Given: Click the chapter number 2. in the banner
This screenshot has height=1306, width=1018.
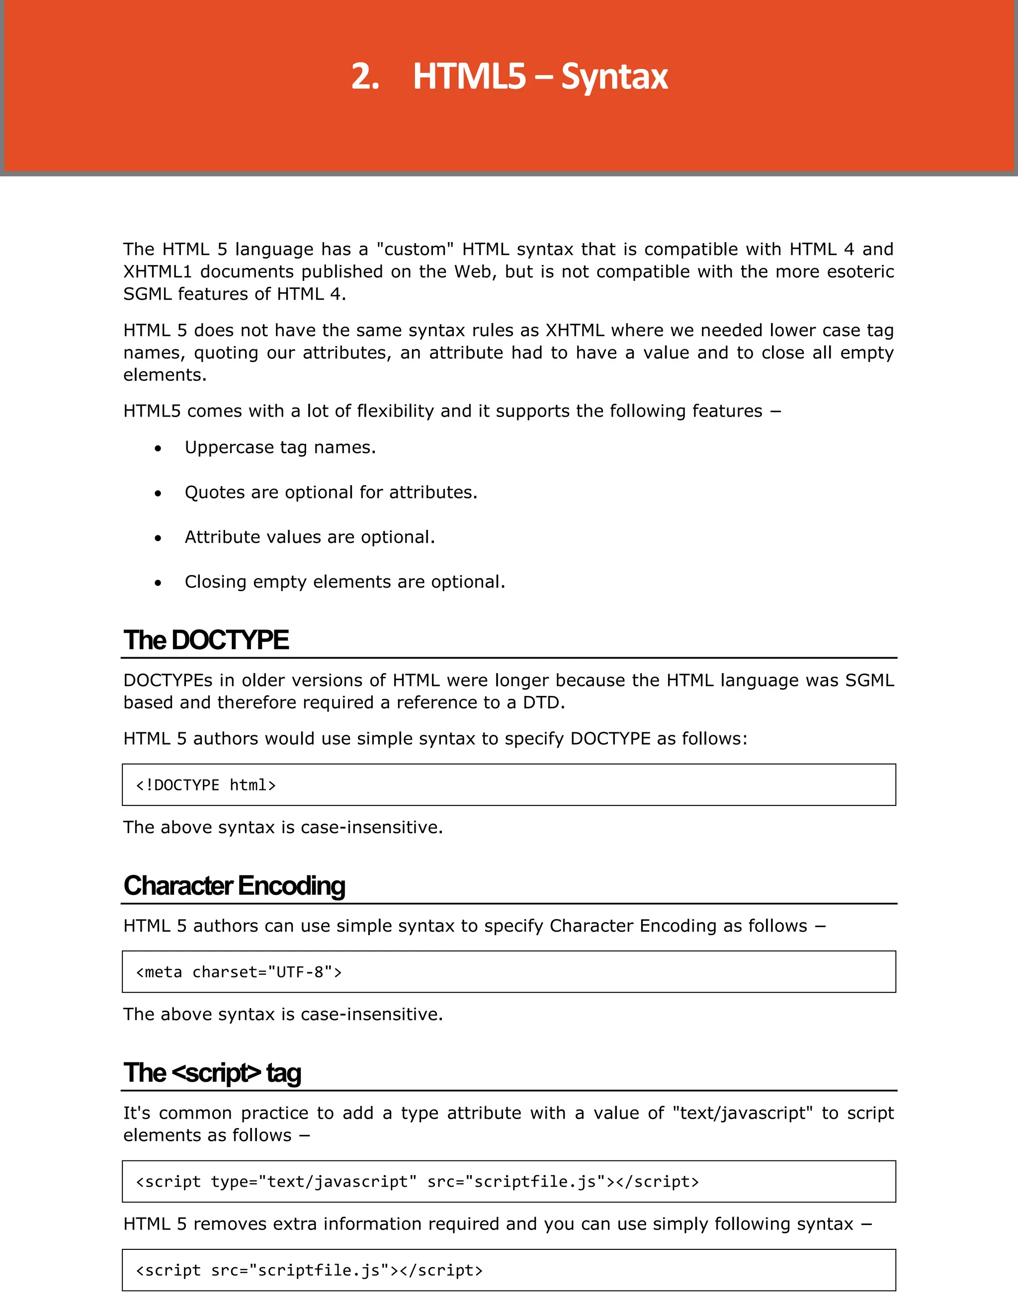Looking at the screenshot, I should click(365, 77).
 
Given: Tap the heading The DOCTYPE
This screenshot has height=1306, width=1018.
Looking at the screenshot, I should click(206, 640).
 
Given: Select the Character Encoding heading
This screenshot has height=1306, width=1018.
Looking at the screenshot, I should click(234, 885).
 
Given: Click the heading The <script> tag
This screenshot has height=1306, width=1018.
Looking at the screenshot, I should click(212, 1073).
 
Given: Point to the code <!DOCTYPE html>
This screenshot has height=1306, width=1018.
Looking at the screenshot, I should click(206, 785).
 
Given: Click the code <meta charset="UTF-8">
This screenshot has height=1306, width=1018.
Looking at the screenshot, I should click(239, 972).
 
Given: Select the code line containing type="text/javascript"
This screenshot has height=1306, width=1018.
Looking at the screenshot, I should click(417, 1182).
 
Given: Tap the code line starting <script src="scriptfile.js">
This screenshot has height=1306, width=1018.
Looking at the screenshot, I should click(309, 1270).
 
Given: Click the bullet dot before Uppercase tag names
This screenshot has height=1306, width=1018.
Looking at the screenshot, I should click(158, 448).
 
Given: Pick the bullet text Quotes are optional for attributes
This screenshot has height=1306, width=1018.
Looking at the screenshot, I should click(331, 492).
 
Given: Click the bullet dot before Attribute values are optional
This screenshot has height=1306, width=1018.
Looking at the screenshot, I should click(158, 538).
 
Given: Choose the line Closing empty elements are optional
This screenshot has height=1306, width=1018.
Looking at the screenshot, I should click(344, 582).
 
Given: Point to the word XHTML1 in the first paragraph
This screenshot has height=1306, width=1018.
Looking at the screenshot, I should click(157, 271).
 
